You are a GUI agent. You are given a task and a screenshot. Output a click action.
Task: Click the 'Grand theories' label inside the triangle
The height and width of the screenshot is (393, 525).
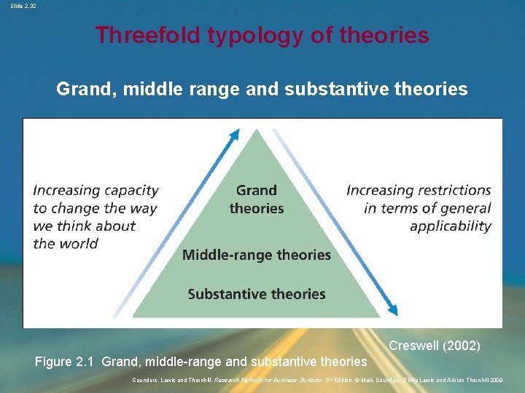click(x=257, y=199)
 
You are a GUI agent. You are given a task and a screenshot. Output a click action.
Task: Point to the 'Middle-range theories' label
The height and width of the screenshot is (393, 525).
click(x=257, y=255)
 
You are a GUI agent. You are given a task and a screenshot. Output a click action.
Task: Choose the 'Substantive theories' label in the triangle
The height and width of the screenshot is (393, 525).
click(x=257, y=294)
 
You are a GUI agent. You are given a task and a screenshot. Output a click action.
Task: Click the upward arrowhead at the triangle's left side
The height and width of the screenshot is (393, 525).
click(x=235, y=134)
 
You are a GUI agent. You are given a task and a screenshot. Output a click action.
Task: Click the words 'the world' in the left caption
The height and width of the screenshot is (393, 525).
click(x=66, y=244)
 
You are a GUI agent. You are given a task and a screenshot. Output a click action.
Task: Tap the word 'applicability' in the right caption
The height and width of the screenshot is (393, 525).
click(x=451, y=226)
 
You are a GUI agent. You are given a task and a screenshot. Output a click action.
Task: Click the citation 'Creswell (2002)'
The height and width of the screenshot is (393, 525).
click(x=434, y=346)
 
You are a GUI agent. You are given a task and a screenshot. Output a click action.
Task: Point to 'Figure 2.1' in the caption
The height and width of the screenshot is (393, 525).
click(x=66, y=362)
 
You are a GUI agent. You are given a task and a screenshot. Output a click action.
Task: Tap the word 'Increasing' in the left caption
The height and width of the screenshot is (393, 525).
click(x=66, y=191)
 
